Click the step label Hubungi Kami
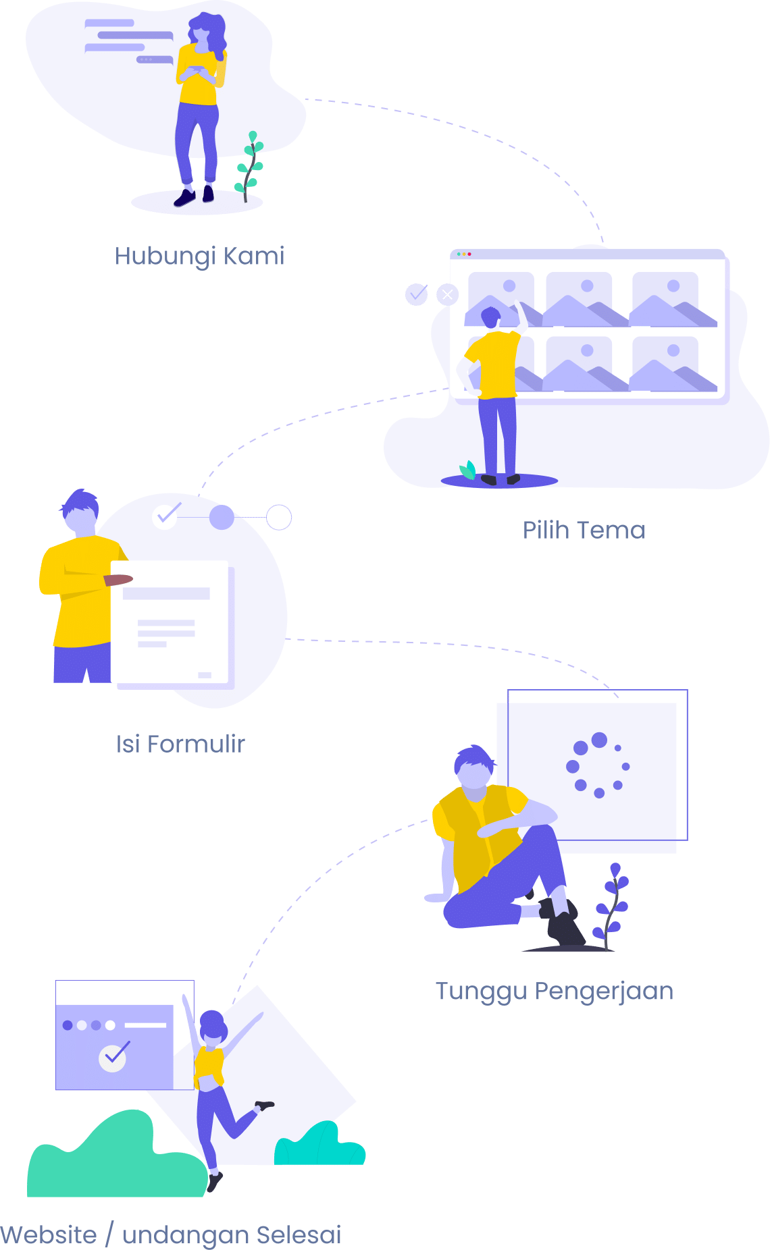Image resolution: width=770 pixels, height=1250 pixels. [199, 256]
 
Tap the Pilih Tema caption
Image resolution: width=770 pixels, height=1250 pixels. [584, 530]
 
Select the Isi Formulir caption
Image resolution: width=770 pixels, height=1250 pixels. [180, 744]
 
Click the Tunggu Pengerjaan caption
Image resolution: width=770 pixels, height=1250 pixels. [555, 991]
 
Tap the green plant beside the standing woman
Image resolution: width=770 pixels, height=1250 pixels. [249, 166]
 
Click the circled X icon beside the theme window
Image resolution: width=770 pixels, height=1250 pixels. [447, 294]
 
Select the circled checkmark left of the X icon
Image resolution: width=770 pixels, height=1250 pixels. [417, 294]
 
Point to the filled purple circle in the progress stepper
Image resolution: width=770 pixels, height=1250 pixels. [222, 518]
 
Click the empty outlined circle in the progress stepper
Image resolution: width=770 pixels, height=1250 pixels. [279, 518]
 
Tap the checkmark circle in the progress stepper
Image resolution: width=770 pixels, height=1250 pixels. [165, 516]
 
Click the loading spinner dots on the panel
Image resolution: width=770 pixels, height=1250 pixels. [598, 765]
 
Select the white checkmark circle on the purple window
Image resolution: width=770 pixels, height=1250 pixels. [113, 1058]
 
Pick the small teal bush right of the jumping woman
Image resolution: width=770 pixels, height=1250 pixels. [319, 1144]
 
